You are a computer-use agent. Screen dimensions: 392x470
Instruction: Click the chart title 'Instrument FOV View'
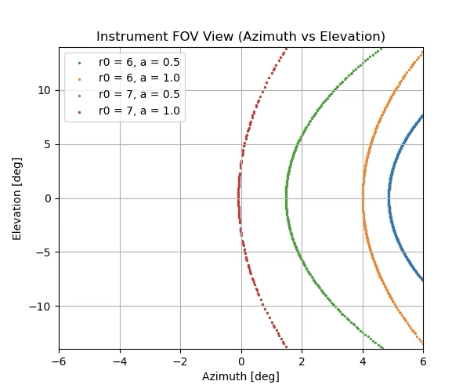tap(240, 37)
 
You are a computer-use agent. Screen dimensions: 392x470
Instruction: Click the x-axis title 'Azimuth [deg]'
tap(240, 376)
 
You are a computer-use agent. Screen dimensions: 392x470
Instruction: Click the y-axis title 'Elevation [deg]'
tap(17, 198)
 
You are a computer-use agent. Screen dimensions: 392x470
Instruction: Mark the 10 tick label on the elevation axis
tap(43, 90)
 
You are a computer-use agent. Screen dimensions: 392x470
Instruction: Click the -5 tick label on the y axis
tap(43, 252)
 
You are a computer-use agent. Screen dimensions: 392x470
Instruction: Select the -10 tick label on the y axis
tap(40, 307)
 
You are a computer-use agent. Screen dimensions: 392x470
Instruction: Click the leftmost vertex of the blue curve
tap(389, 198)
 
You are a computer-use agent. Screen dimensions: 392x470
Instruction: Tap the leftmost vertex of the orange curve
tap(363, 198)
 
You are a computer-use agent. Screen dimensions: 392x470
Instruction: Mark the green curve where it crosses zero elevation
tap(287, 198)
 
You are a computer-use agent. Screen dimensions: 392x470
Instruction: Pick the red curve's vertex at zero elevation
tap(239, 198)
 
